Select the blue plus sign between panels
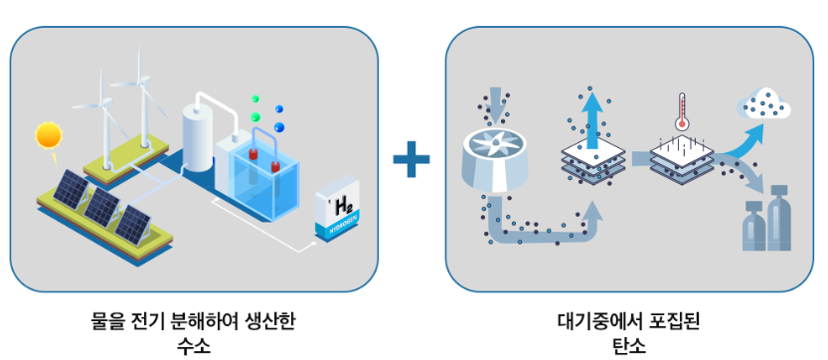click(x=412, y=160)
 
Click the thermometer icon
click(x=681, y=111)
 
